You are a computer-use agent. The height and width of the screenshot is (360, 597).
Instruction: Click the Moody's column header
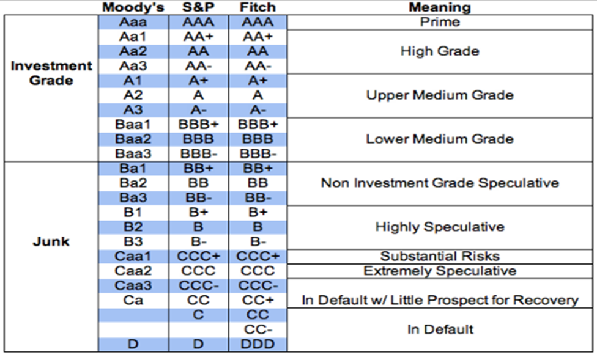tap(133, 7)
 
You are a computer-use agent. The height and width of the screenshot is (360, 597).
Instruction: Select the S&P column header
tap(198, 7)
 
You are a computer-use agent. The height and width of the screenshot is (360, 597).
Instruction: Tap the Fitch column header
tap(258, 7)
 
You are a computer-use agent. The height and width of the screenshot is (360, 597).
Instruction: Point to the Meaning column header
tap(440, 7)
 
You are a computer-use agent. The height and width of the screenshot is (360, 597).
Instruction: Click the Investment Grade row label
tap(51, 73)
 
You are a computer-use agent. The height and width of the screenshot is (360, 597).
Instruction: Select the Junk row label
tap(51, 241)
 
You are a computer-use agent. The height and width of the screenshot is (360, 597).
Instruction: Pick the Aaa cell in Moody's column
tap(133, 22)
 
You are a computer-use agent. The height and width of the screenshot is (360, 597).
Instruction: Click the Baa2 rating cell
tap(133, 139)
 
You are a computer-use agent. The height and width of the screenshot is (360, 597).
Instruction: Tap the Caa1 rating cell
tap(133, 256)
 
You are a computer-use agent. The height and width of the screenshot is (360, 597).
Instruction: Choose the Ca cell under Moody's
tap(133, 300)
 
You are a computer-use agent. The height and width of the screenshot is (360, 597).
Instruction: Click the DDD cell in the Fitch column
tap(258, 344)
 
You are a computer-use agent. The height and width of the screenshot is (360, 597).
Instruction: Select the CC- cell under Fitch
tap(258, 329)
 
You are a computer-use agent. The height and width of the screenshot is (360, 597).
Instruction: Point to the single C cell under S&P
tap(198, 315)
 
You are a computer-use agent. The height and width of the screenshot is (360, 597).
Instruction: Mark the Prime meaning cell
tap(440, 22)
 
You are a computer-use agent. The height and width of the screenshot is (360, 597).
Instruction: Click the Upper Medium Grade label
tap(440, 95)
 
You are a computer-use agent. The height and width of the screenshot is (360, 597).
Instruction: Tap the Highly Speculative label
tap(440, 227)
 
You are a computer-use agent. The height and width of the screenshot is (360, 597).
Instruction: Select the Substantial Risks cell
tap(440, 256)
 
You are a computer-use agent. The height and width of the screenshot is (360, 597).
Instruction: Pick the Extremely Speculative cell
tap(440, 271)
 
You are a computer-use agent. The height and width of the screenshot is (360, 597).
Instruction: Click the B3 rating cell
tap(133, 241)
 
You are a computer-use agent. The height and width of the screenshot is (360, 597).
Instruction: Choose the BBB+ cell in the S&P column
tap(198, 125)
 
